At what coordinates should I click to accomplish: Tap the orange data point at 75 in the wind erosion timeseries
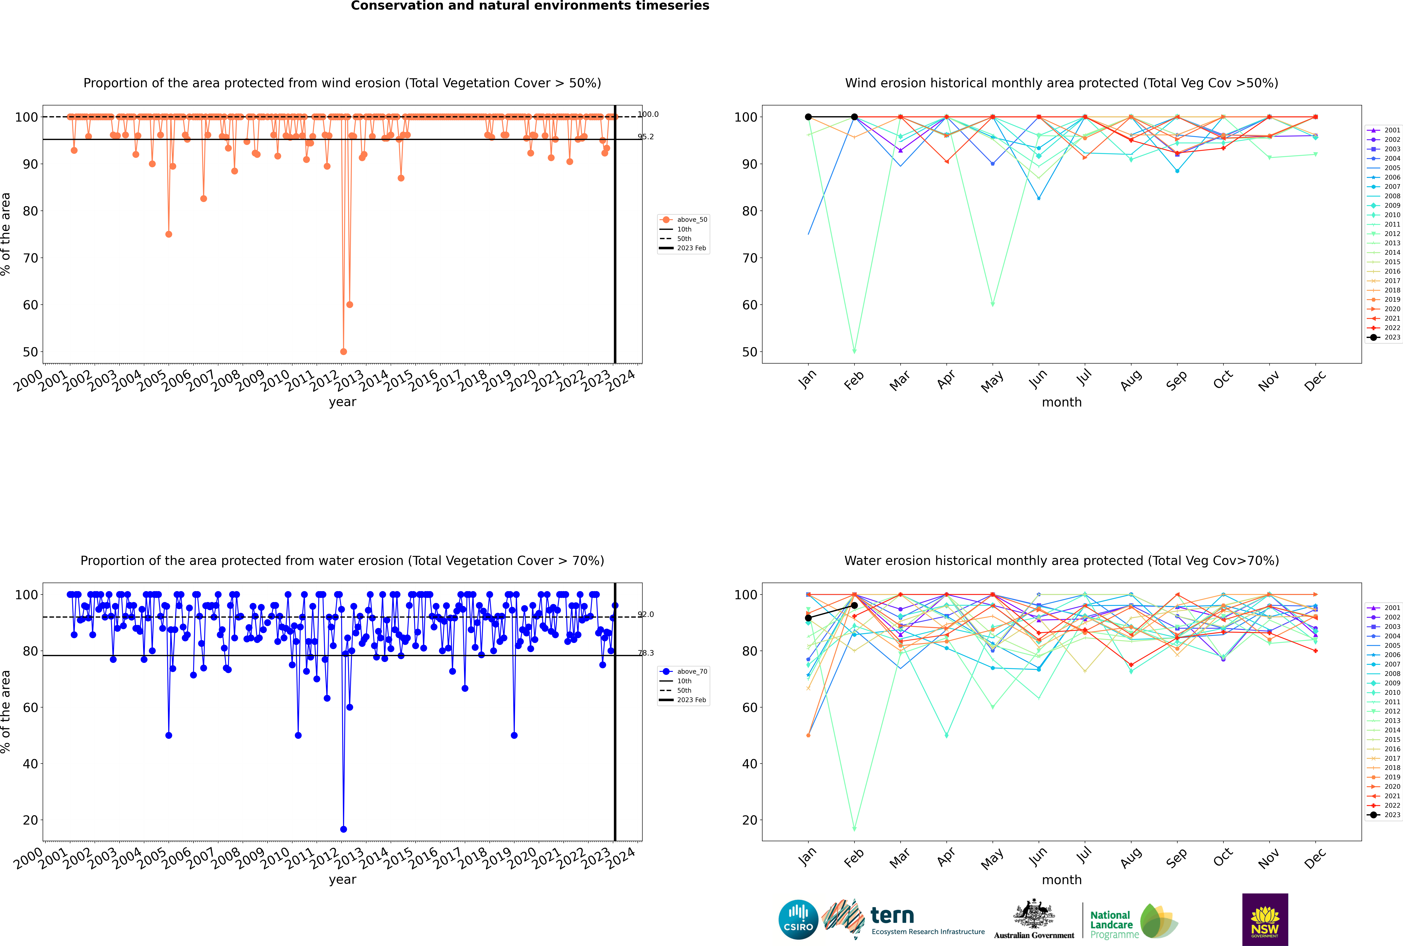[169, 234]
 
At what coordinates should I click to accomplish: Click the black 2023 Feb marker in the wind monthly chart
[854, 117]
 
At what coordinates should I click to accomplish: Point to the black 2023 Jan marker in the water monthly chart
[808, 618]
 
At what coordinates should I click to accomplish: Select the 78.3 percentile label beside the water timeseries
[646, 653]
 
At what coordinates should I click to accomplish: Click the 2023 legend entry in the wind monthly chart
[1384, 337]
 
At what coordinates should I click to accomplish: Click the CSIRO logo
[798, 919]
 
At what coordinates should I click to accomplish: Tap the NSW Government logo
[1265, 919]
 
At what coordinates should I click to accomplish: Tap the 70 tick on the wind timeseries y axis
[30, 258]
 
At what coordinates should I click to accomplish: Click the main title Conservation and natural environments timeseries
[530, 6]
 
